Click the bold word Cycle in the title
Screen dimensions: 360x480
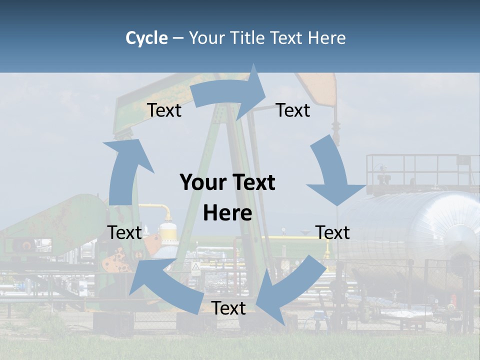point(146,38)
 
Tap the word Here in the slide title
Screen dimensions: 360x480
point(326,38)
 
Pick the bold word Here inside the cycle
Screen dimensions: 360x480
point(227,213)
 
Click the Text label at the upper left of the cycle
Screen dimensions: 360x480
point(164,110)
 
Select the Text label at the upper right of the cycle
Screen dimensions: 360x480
point(293,110)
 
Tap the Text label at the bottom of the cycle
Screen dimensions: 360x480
point(228,308)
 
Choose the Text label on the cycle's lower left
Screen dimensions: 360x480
point(124,232)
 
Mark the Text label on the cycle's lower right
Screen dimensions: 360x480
point(332,232)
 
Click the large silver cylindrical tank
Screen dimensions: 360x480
point(415,225)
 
